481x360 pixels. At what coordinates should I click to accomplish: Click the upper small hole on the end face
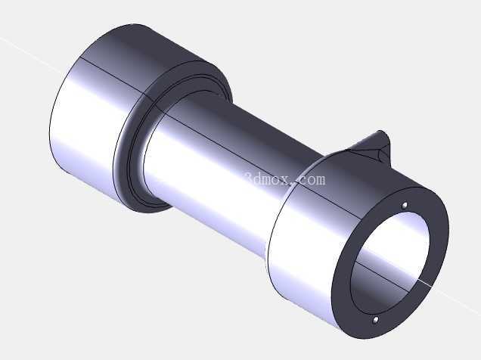[405, 205]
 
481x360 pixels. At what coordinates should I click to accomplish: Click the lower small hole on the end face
[375, 321]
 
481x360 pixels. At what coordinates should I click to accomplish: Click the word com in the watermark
[312, 180]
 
